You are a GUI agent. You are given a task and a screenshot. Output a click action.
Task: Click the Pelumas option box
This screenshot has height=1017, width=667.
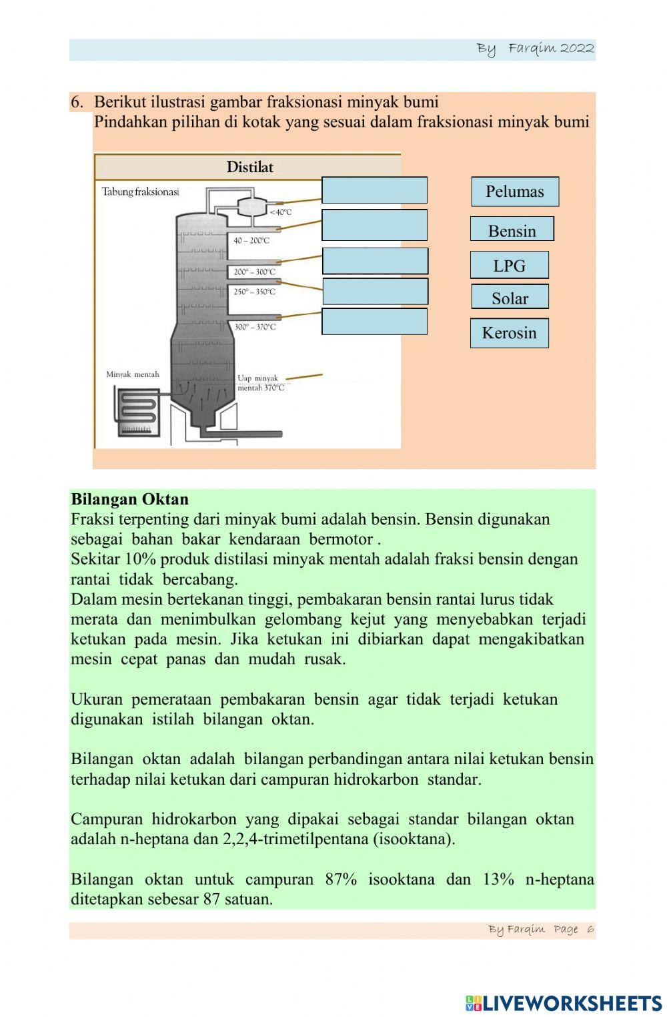pyautogui.click(x=514, y=192)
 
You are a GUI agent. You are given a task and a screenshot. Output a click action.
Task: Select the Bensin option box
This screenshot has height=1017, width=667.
pyautogui.click(x=512, y=230)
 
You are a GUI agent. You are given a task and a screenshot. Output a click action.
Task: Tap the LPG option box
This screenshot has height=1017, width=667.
pyautogui.click(x=509, y=265)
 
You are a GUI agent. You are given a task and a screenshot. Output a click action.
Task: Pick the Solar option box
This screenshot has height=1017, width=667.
pyautogui.click(x=510, y=297)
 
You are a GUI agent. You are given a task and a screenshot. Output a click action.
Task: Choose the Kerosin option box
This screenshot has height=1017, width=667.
pyautogui.click(x=509, y=333)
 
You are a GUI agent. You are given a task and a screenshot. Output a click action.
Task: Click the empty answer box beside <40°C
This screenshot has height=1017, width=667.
pyautogui.click(x=374, y=190)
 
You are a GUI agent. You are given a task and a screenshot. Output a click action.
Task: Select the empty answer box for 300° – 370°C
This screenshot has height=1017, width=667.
pyautogui.click(x=374, y=321)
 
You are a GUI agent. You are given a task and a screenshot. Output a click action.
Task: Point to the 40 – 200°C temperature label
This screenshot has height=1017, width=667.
pyautogui.click(x=251, y=240)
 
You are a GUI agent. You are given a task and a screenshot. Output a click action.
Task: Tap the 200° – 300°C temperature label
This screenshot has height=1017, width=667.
pyautogui.click(x=254, y=272)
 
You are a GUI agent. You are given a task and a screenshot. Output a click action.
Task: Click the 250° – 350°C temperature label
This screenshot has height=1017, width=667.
pyautogui.click(x=254, y=292)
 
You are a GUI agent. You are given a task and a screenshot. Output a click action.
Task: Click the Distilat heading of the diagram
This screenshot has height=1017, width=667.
pyautogui.click(x=249, y=167)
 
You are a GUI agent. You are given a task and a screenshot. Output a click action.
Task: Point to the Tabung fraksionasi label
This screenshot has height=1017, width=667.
pyautogui.click(x=140, y=192)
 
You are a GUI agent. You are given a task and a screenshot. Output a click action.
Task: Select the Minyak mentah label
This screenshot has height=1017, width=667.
pyautogui.click(x=133, y=374)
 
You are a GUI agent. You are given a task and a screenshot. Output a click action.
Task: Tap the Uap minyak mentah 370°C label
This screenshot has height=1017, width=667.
pyautogui.click(x=260, y=383)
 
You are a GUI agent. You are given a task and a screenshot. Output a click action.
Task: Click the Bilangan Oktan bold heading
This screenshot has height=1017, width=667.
pyautogui.click(x=129, y=499)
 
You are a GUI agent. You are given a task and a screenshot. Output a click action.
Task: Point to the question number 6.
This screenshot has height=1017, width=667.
pyautogui.click(x=77, y=102)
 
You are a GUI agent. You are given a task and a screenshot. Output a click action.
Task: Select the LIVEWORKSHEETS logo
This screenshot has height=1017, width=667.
pyautogui.click(x=564, y=1003)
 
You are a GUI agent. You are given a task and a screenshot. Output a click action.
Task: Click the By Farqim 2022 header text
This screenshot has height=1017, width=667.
pyautogui.click(x=535, y=49)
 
